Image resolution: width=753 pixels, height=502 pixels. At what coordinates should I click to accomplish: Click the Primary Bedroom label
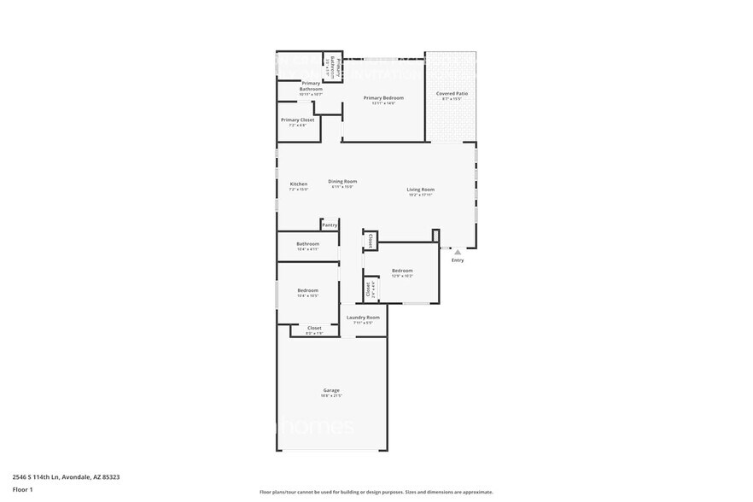point(383,98)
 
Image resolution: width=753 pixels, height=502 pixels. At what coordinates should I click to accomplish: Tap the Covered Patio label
point(452,93)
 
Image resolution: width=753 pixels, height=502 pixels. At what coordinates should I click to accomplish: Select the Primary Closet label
point(297,120)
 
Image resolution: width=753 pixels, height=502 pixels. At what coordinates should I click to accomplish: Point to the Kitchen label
point(298,184)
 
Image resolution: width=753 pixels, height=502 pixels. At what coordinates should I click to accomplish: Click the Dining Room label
point(342,181)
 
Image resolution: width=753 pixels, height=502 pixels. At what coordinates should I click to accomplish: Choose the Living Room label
point(420,190)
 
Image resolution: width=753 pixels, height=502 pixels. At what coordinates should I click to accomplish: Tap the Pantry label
point(330,225)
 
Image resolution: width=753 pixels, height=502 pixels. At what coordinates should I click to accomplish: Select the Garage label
point(331,390)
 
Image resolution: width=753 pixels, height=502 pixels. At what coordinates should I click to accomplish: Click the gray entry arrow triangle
point(458,252)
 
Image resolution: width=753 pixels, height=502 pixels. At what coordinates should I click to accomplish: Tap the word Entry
point(458,260)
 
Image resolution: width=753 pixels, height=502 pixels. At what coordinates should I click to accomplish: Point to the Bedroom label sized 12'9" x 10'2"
point(402,271)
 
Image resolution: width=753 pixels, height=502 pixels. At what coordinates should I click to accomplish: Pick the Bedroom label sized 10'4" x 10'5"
point(307,290)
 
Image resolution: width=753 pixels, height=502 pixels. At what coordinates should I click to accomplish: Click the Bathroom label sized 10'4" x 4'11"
point(307,243)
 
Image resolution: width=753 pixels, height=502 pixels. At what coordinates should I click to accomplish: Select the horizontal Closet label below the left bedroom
point(314,328)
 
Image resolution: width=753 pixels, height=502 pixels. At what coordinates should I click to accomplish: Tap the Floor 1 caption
point(23,489)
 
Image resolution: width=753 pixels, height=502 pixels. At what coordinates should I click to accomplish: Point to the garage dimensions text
point(331,396)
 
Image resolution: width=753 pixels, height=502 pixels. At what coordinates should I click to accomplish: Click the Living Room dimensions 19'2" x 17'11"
point(420,195)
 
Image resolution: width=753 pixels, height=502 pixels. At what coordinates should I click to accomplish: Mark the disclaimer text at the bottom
point(376,492)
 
